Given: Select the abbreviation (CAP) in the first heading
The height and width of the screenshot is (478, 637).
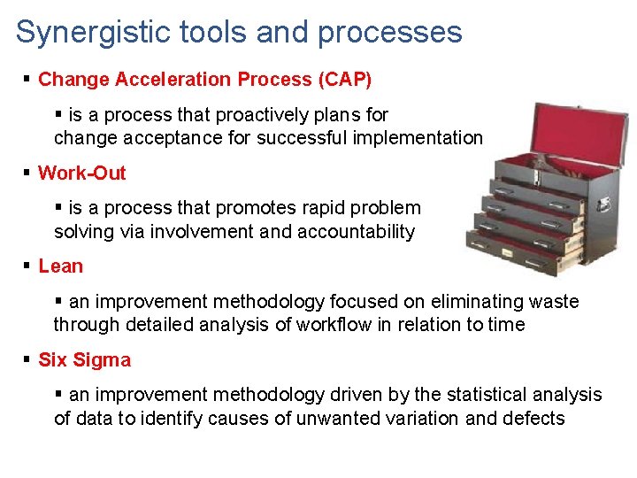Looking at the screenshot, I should [344, 79].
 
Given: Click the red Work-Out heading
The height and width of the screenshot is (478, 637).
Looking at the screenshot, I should [82, 173].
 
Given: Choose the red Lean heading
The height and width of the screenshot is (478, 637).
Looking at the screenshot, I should [60, 266].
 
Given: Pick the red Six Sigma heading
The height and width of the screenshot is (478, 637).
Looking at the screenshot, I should [84, 359].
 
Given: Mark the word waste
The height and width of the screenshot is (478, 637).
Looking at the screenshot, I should [556, 301].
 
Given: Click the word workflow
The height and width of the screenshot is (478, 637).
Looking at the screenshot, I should [334, 324].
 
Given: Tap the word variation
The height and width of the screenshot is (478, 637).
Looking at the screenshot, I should [422, 418].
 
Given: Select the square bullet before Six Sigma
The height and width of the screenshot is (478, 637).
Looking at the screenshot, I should [28, 359].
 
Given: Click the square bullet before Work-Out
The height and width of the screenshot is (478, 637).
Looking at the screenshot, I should [28, 173].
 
